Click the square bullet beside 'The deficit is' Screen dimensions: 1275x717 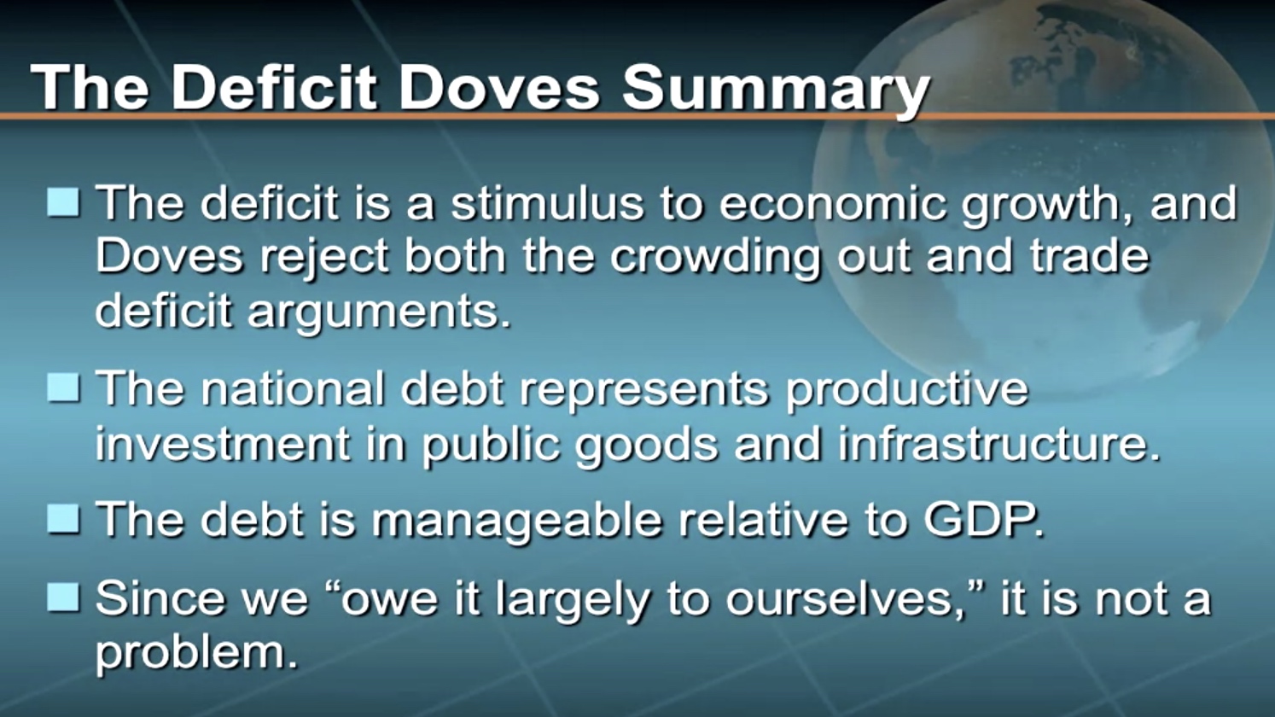click(63, 201)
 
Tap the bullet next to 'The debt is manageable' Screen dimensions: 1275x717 click(63, 518)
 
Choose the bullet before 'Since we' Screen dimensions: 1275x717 click(63, 597)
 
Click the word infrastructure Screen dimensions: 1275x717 click(998, 444)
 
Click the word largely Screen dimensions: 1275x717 click(572, 602)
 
